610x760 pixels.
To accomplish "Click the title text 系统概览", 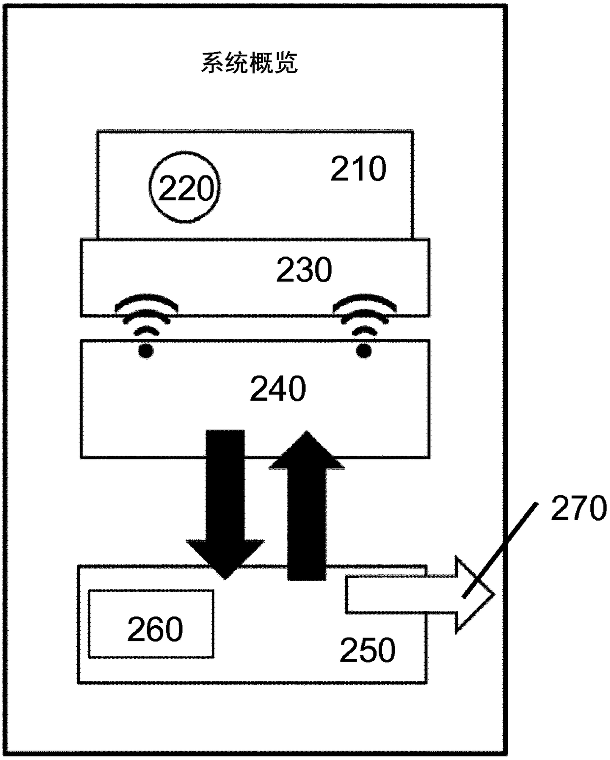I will click(x=249, y=64).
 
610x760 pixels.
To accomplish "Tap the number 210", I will click(x=358, y=169).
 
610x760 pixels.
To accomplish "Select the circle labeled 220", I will click(x=184, y=187).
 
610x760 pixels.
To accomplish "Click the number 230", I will click(x=304, y=270).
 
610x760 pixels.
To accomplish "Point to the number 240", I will click(x=278, y=389).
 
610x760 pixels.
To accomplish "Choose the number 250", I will click(x=367, y=650).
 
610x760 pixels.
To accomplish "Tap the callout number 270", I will click(x=579, y=508).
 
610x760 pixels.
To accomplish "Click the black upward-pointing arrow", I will click(x=306, y=506).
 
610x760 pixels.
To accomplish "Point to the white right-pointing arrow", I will click(x=418, y=595).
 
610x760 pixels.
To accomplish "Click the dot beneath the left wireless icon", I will click(x=145, y=351).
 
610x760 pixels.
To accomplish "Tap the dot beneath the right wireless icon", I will click(x=364, y=351).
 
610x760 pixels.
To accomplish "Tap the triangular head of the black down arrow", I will click(x=225, y=555).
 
